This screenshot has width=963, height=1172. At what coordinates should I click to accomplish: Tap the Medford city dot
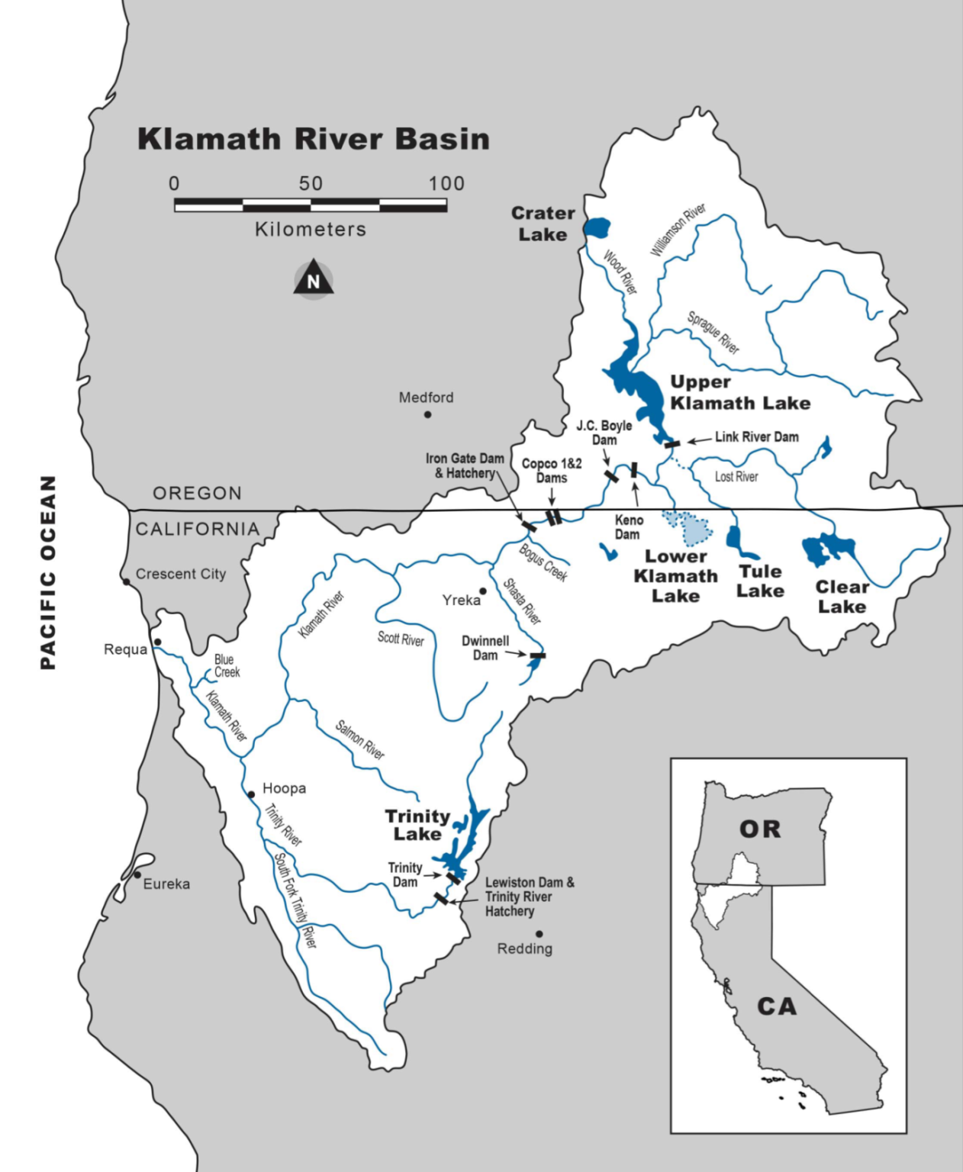click(x=427, y=414)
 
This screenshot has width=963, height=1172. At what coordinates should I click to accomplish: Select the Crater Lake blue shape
click(x=597, y=227)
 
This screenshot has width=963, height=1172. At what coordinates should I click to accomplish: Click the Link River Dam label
click(x=756, y=437)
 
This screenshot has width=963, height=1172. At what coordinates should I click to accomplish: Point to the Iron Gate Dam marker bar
click(x=528, y=526)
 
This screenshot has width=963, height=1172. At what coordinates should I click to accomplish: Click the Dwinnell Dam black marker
click(x=538, y=655)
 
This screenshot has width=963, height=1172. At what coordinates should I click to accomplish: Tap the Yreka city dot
click(x=483, y=591)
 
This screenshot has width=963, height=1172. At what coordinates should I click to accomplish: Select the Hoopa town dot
click(x=251, y=794)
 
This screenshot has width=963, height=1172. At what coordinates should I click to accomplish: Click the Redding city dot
click(x=539, y=934)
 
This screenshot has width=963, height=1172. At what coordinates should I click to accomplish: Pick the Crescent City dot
click(x=127, y=582)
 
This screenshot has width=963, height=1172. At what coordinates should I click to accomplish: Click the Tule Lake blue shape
click(x=737, y=543)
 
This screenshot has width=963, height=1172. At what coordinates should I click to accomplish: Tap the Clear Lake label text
click(x=842, y=597)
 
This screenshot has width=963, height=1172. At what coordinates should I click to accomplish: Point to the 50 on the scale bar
click(x=311, y=184)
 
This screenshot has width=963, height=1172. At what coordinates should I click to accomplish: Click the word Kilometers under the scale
click(x=311, y=230)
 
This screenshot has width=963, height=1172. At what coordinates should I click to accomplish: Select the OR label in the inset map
click(x=760, y=829)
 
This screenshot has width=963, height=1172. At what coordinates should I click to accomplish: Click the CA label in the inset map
click(x=776, y=1006)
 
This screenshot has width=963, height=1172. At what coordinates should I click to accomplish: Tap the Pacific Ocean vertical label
click(x=48, y=572)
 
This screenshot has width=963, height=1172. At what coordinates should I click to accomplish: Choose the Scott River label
click(x=401, y=639)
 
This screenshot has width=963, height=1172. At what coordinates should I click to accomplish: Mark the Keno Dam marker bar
click(x=633, y=470)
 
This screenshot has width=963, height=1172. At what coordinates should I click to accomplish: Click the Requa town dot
click(x=157, y=642)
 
